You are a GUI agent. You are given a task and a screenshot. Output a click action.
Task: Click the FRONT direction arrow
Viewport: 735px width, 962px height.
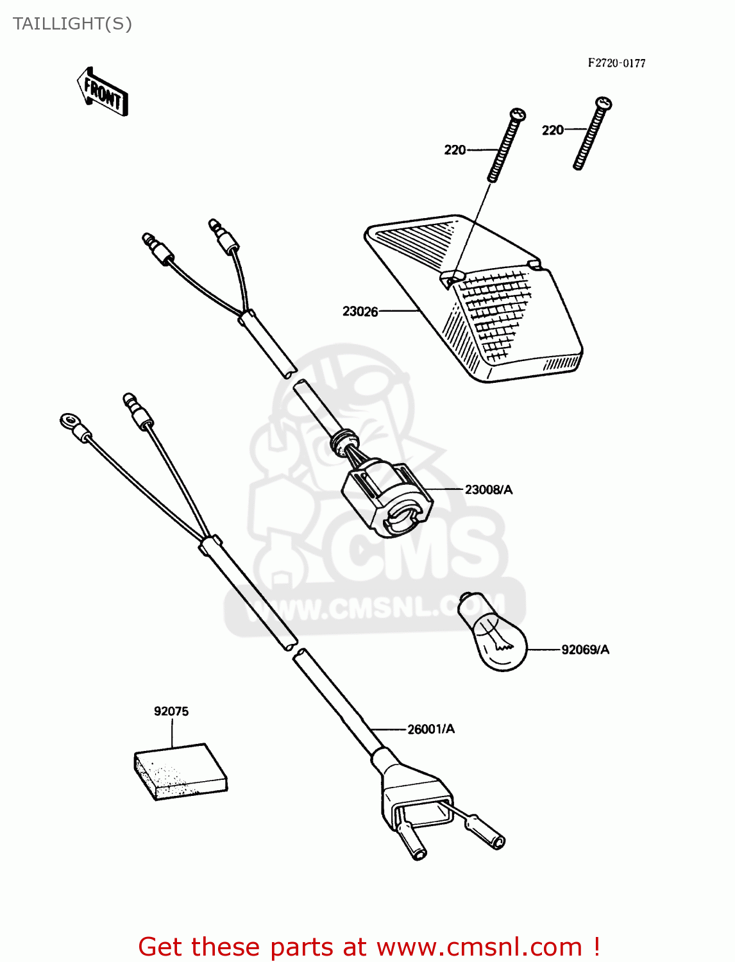(x=103, y=92)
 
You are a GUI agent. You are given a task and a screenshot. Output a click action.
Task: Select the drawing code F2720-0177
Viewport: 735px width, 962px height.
(x=616, y=63)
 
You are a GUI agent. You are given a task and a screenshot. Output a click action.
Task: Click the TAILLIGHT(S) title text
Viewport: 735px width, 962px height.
(x=72, y=24)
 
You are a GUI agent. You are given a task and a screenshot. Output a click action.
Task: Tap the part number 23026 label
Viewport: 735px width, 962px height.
(x=360, y=312)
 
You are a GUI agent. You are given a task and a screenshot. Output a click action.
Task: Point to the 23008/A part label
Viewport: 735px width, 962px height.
(x=488, y=490)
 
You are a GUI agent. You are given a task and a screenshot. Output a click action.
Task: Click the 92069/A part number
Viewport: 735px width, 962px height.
(x=585, y=650)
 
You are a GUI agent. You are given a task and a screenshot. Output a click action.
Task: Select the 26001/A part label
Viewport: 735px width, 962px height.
(x=430, y=729)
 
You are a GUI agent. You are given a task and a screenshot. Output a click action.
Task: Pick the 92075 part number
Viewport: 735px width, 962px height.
(x=171, y=711)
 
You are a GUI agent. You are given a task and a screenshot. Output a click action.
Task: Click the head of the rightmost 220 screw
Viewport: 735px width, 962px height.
(x=604, y=103)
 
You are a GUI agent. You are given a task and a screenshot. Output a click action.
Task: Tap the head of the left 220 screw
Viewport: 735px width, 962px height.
(x=518, y=115)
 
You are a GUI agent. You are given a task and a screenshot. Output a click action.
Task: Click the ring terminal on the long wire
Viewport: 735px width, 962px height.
(x=69, y=422)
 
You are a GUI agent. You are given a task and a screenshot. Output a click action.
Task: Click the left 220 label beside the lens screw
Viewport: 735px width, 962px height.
(x=455, y=150)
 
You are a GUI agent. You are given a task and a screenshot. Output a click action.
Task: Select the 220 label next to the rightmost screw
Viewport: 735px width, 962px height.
(x=552, y=130)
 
